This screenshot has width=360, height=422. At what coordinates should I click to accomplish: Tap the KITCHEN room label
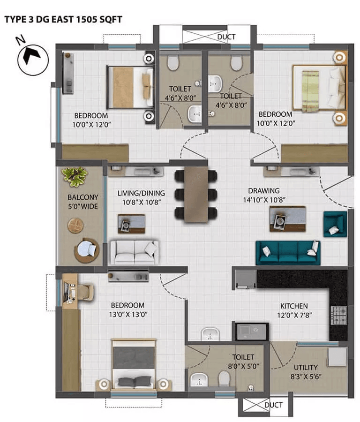[x=294, y=306]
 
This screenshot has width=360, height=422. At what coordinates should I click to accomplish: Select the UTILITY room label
[x=306, y=367]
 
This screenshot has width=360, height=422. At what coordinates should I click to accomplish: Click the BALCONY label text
[x=82, y=197]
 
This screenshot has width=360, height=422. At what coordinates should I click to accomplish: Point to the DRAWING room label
[x=264, y=190]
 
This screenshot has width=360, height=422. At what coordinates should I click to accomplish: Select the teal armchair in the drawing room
[x=335, y=224]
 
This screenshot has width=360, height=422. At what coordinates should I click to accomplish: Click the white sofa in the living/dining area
[x=134, y=252]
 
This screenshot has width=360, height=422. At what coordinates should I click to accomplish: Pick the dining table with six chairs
[x=195, y=194]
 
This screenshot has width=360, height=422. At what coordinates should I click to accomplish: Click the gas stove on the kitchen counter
[x=338, y=315]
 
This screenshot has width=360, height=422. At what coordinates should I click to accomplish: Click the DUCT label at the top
[x=226, y=37]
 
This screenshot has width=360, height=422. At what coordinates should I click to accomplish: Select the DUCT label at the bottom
[x=273, y=405]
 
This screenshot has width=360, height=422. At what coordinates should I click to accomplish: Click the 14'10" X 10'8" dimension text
[x=264, y=200]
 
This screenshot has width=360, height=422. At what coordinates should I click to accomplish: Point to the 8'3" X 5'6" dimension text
[x=306, y=377]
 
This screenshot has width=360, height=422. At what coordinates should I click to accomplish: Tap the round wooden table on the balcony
[x=75, y=226]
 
